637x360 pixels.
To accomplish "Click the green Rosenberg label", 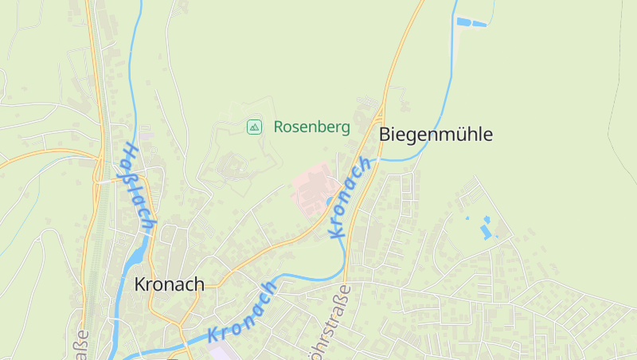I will (311, 127).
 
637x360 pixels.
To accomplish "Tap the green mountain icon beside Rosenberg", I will (254, 127).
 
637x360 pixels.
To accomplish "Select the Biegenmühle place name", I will (436, 135).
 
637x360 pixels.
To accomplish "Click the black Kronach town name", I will (169, 284).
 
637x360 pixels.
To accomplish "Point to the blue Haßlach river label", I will (137, 187).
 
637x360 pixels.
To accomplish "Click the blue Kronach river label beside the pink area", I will (350, 197).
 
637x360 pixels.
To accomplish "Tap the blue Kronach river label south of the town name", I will (243, 312).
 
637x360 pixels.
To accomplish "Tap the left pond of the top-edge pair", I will (463, 22).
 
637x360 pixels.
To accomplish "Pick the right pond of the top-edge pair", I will (479, 23).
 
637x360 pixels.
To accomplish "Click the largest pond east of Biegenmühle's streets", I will (485, 232).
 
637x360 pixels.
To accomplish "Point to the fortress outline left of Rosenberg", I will (230, 166).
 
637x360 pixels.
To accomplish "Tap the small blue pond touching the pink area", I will (330, 202).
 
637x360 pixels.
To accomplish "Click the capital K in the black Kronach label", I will (140, 284).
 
